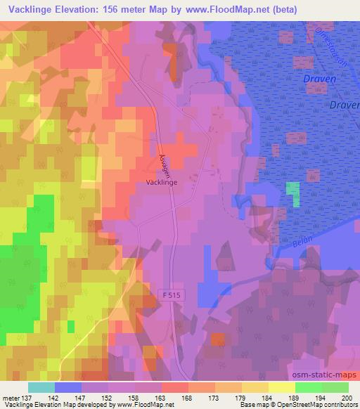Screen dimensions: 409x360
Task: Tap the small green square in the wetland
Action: pyautogui.click(x=292, y=194)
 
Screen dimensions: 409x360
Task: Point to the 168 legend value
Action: pyautogui.click(x=187, y=397)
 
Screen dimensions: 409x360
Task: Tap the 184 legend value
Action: pyautogui.click(x=267, y=397)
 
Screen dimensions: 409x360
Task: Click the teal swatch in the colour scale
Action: pyautogui.click(x=41, y=387)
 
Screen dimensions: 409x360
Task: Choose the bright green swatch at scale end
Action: pyautogui.click(x=335, y=387)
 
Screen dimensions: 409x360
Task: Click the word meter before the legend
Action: pyautogui.click(x=10, y=397)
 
